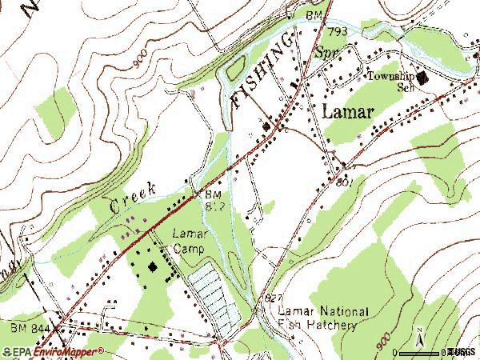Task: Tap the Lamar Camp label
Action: (190, 242)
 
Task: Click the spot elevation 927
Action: (273, 297)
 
